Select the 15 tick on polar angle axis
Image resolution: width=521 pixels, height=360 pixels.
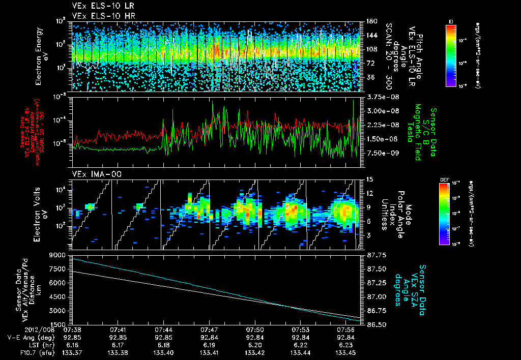[369, 179]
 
